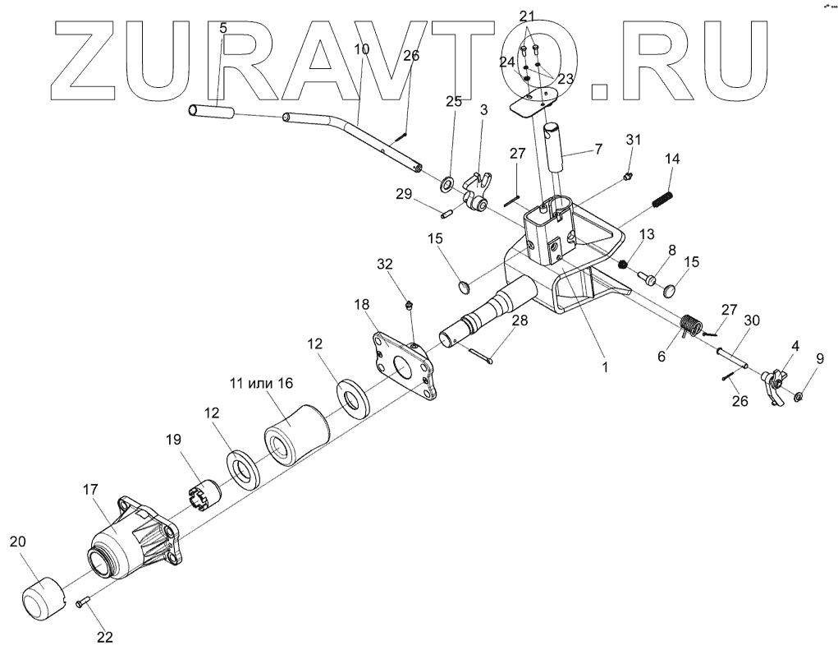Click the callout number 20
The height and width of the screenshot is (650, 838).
pyautogui.click(x=17, y=542)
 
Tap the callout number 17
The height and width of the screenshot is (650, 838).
pyautogui.click(x=90, y=490)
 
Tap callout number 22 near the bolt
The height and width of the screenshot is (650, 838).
pyautogui.click(x=104, y=636)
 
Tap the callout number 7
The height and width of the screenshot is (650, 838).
pyautogui.click(x=598, y=149)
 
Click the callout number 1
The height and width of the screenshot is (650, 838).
pyautogui.click(x=605, y=367)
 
